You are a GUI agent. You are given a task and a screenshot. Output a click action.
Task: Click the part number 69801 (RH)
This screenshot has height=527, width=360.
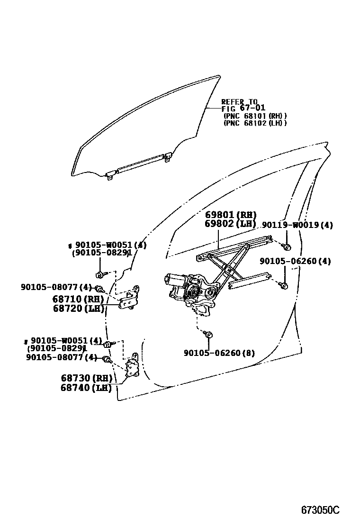[x=230, y=215]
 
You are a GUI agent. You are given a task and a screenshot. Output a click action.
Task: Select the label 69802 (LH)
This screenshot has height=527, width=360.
[x=230, y=224]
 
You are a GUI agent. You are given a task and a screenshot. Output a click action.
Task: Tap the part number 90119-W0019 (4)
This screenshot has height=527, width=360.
[x=297, y=226]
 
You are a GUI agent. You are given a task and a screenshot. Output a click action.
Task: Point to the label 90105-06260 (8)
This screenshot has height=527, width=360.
[x=219, y=353]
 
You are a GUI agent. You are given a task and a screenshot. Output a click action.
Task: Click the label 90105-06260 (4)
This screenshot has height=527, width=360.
[x=295, y=261]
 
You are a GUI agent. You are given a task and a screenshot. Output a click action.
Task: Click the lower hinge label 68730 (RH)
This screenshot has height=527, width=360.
[x=86, y=378]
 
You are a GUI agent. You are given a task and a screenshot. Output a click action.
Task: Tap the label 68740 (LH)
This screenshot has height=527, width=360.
[x=86, y=388]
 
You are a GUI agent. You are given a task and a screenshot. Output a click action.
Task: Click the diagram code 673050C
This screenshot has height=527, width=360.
[x=320, y=510]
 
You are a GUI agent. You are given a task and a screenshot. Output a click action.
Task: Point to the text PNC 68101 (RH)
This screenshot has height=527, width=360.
[x=256, y=116]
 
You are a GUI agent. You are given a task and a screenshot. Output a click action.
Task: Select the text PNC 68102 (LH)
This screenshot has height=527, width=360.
[x=256, y=123]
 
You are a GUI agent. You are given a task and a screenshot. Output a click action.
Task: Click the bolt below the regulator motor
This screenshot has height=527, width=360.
[x=209, y=335]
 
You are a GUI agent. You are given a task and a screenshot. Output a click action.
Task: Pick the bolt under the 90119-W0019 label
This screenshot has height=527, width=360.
[x=287, y=247]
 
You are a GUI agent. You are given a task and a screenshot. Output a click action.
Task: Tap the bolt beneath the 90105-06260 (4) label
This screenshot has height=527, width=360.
[x=284, y=285]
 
